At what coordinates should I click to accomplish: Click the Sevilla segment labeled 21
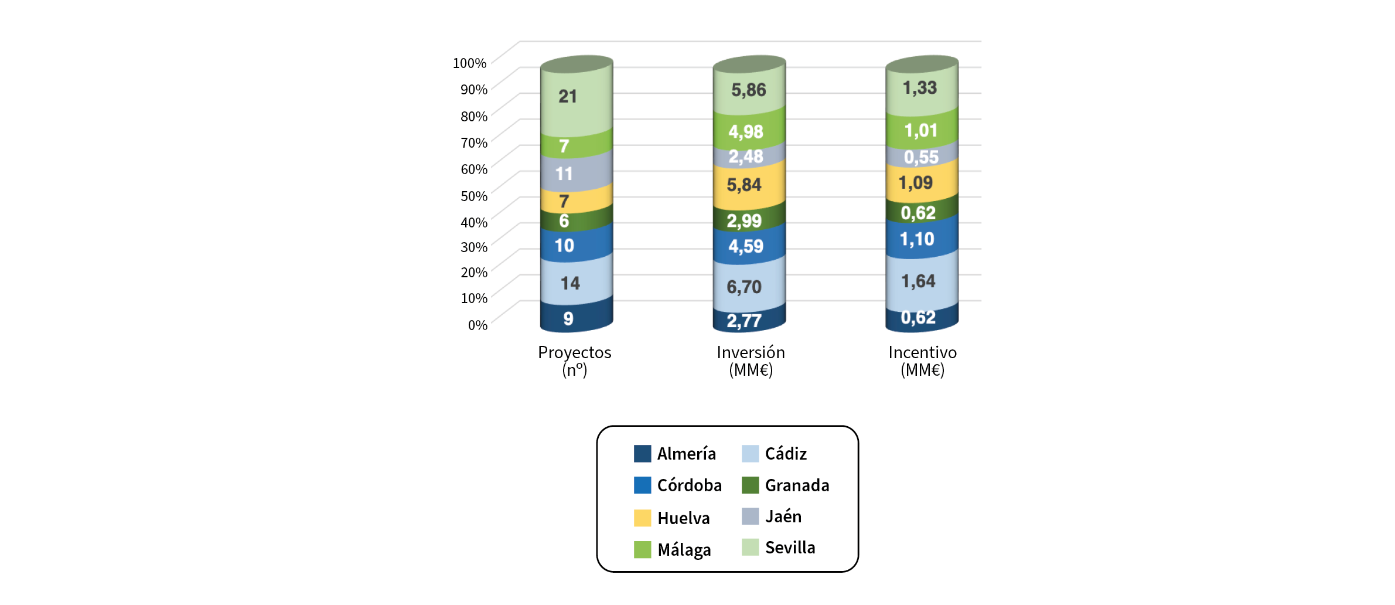coord(577,100)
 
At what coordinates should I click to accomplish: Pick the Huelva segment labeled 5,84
coord(749,185)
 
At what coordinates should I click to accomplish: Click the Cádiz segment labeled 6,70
coord(749,285)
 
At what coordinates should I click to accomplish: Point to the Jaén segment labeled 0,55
coord(921,157)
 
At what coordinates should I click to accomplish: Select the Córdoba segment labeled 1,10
coord(921,239)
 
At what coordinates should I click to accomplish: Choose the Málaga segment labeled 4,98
coord(749,130)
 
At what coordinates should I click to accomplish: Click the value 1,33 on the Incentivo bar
coord(920,88)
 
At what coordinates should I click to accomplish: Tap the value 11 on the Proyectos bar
coord(564,174)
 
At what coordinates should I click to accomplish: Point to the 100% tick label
coord(469,63)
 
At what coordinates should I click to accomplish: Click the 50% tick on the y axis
coord(474,196)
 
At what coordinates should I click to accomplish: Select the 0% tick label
coord(477,325)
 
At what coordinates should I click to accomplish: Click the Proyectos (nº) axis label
coord(575,361)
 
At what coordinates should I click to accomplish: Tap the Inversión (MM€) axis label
coord(751,361)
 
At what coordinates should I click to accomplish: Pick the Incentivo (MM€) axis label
coord(922,361)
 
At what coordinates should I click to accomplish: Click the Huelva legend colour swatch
coord(642,518)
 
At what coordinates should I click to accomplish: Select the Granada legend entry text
coord(797,485)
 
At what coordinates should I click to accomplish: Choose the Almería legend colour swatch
coord(642,454)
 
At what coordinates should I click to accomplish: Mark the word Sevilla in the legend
coord(790,548)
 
